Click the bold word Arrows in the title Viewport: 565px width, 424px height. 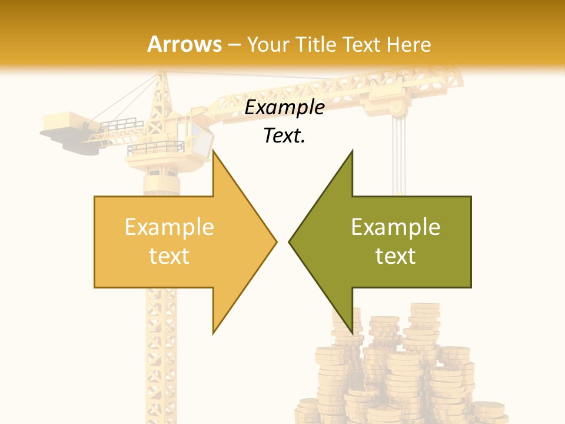(185, 44)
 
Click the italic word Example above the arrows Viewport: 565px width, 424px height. (284, 108)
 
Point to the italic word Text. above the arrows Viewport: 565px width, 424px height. (284, 136)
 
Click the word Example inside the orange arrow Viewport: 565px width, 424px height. (169, 227)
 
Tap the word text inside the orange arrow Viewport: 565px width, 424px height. (169, 256)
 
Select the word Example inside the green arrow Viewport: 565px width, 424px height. (395, 227)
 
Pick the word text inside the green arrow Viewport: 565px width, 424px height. (395, 256)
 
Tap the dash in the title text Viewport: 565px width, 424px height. (234, 45)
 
